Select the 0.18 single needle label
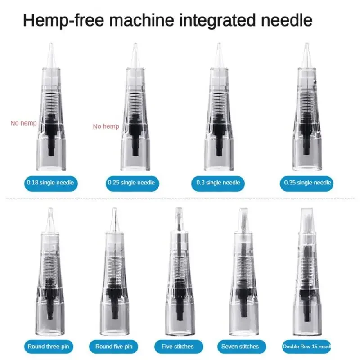(x=50, y=183)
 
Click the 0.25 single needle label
(x=131, y=183)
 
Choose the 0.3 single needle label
(x=218, y=183)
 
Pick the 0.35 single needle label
(x=308, y=183)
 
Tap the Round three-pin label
(x=50, y=346)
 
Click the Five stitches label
(x=177, y=346)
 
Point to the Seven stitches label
(x=240, y=346)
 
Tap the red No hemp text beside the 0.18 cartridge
(x=23, y=123)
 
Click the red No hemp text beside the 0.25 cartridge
(x=106, y=126)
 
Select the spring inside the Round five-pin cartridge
(x=114, y=265)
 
